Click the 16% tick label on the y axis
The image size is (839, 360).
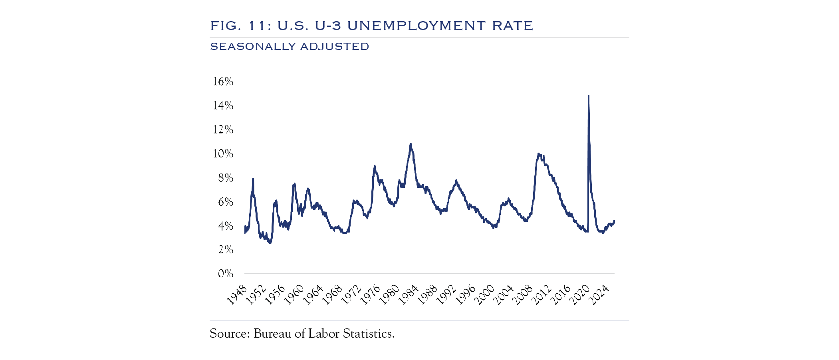pos(223,82)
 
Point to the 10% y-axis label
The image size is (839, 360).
pos(223,153)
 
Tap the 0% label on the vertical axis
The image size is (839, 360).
pos(226,274)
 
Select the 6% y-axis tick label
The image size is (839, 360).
pos(226,202)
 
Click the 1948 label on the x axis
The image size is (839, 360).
pos(237,295)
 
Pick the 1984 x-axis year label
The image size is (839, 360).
pos(408,295)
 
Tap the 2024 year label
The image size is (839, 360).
pos(599,295)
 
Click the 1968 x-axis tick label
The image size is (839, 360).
pos(332,295)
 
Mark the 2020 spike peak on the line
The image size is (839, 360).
pos(589,96)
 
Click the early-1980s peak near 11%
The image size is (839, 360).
pos(411,144)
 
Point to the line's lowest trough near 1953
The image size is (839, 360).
pos(270,243)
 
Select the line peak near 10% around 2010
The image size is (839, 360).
pos(539,154)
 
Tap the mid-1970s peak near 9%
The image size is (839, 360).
pos(375,166)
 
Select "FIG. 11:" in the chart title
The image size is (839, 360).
pos(241,26)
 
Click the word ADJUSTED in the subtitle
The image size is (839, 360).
pos(335,47)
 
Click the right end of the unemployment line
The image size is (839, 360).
pos(614,221)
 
